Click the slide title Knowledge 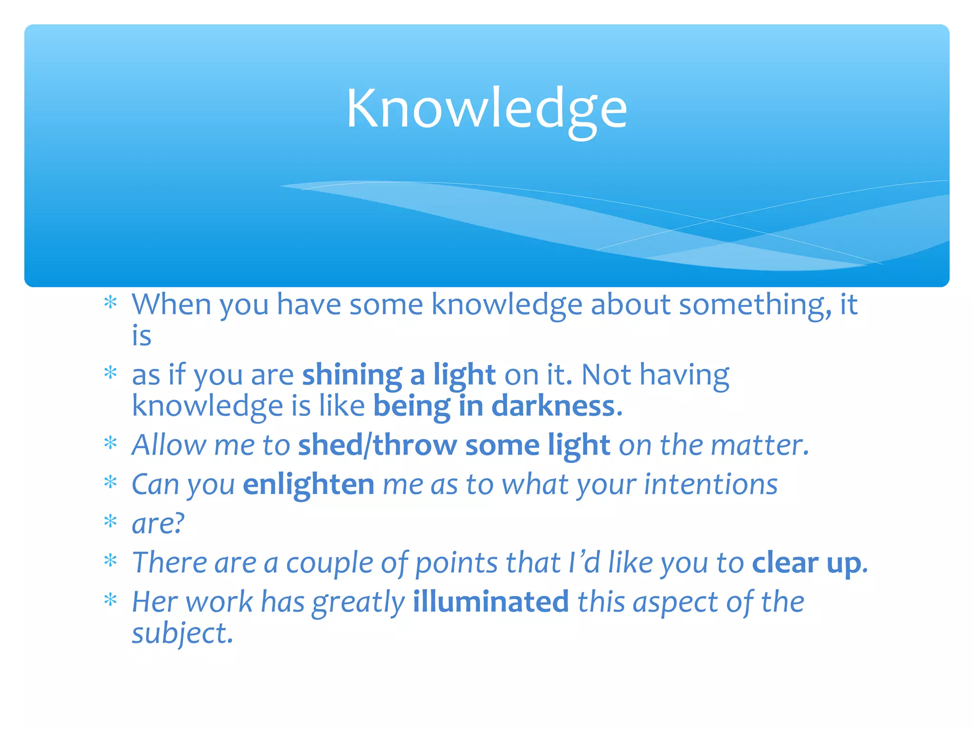[486, 109]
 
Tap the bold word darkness [553, 407]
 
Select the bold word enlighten [308, 485]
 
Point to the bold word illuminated [490, 602]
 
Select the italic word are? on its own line [158, 524]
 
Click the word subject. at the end [182, 634]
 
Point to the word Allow [169, 446]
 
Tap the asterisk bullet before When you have [110, 303]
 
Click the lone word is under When [142, 336]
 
